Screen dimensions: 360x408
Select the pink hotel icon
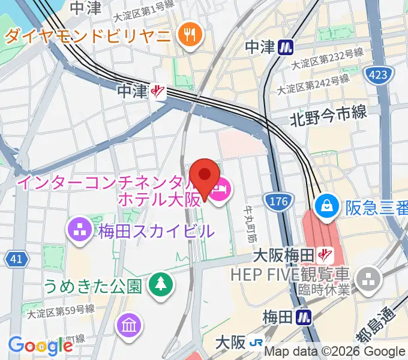(x=221, y=191)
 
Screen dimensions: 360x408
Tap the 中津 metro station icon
(x=286, y=47)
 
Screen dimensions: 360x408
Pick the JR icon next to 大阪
(x=256, y=343)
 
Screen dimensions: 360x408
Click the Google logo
(x=40, y=346)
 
